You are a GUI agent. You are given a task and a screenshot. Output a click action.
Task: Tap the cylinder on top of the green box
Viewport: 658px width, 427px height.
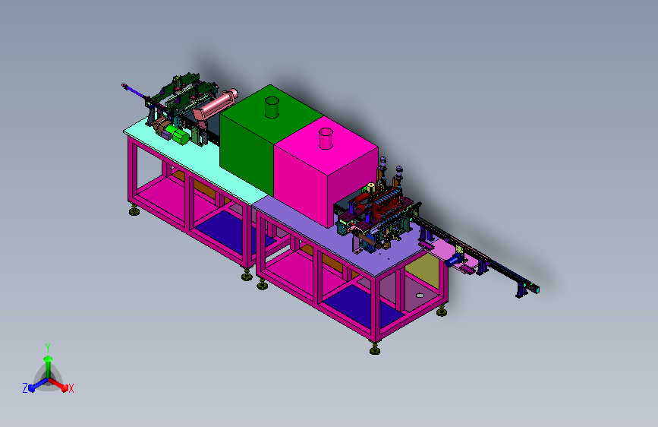pos(272,107)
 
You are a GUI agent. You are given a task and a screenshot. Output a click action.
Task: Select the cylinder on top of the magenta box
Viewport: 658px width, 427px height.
pos(326,139)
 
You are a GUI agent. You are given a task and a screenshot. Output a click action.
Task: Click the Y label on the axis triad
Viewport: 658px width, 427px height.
pos(48,347)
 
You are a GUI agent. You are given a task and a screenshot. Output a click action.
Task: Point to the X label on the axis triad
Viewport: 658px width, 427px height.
pos(71,388)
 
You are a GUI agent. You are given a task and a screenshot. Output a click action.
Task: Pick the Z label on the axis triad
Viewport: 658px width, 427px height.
pos(25,388)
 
